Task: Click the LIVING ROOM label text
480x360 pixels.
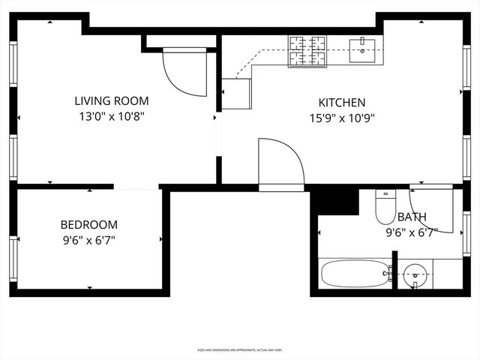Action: pyautogui.click(x=111, y=100)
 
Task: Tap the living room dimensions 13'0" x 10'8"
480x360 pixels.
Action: pyautogui.click(x=111, y=117)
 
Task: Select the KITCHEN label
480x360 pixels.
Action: pyautogui.click(x=342, y=102)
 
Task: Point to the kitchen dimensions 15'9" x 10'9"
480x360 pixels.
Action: pyautogui.click(x=342, y=118)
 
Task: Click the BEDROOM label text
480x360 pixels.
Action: pyautogui.click(x=88, y=224)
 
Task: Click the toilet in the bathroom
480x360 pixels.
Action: pyautogui.click(x=385, y=208)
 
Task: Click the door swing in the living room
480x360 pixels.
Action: pyautogui.click(x=184, y=72)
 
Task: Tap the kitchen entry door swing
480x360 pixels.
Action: pyautogui.click(x=280, y=164)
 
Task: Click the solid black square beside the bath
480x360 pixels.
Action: pyautogui.click(x=334, y=201)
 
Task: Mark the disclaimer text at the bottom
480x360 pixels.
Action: pyautogui.click(x=240, y=349)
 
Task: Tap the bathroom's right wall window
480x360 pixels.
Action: pyautogui.click(x=466, y=235)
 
